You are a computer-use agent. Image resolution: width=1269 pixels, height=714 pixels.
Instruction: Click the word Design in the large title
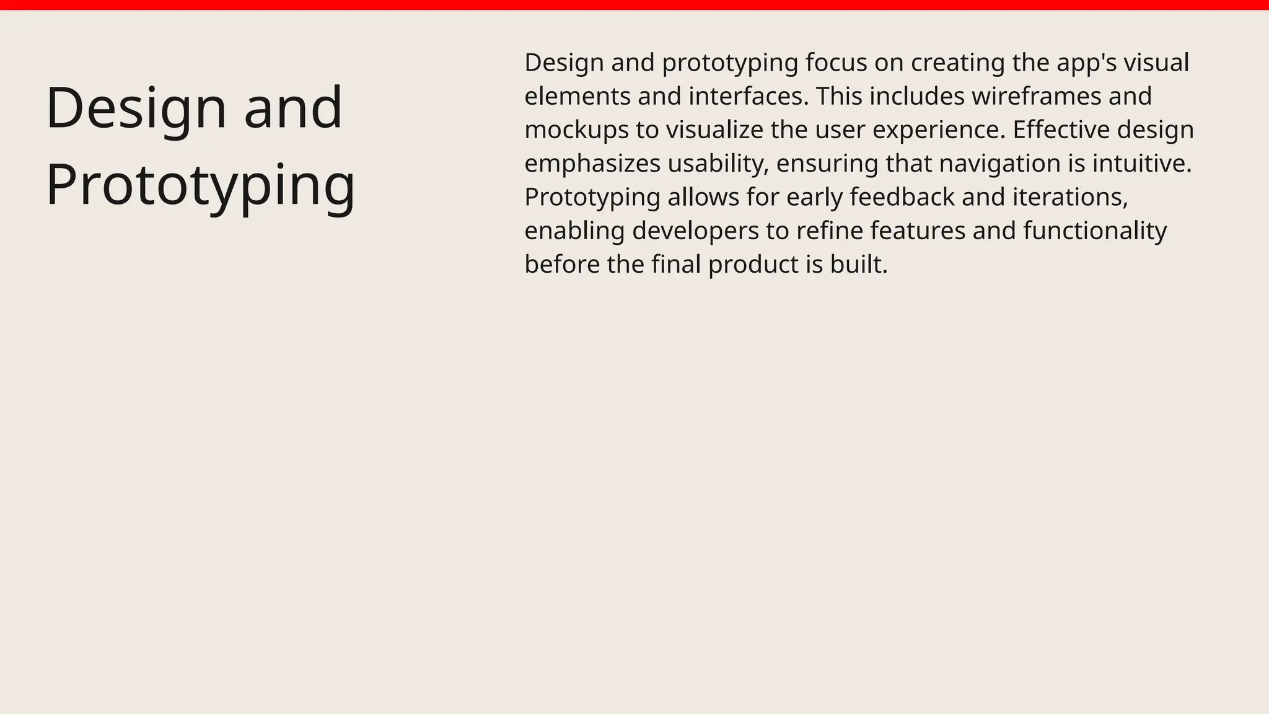[137, 108]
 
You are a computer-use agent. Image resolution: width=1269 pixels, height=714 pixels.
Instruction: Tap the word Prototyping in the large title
[201, 185]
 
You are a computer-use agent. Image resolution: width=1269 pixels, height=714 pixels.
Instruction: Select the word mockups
[576, 130]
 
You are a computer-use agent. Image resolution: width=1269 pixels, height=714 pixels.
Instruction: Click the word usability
[718, 164]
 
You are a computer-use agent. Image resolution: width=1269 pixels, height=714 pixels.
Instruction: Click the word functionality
[1095, 231]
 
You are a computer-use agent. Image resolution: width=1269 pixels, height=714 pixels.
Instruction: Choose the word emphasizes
[592, 164]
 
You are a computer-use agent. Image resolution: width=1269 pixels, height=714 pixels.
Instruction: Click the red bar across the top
[634, 5]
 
